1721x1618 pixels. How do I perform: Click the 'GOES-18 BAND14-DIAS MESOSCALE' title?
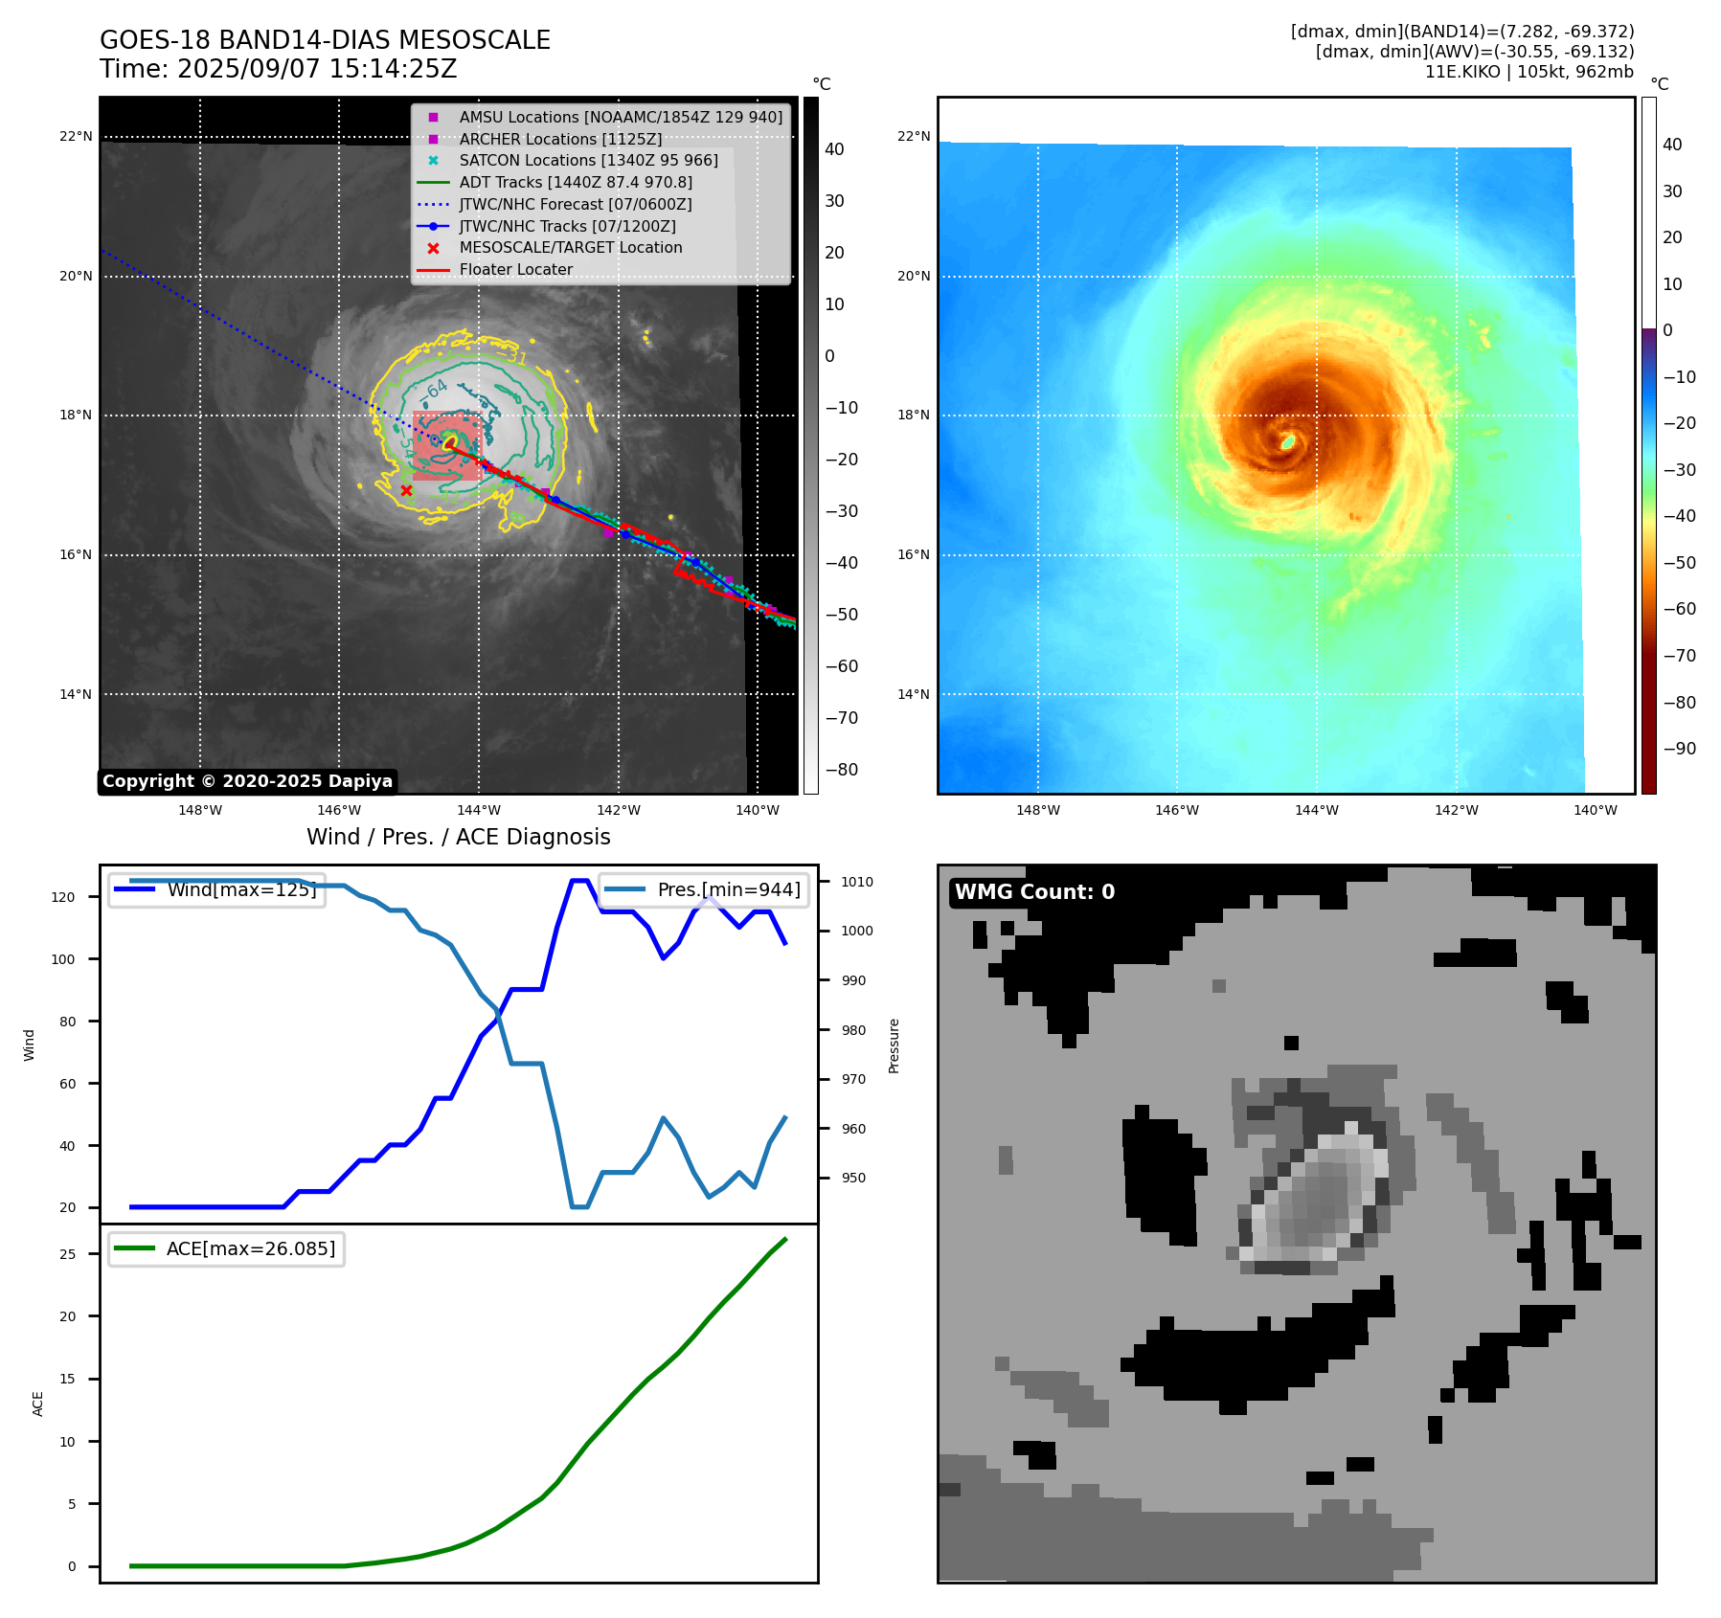(x=325, y=40)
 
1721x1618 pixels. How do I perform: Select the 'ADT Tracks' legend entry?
(x=575, y=182)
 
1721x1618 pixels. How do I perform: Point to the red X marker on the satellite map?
(x=406, y=490)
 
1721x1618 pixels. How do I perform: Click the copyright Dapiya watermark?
(x=247, y=781)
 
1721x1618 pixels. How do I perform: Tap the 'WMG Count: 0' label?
(x=1034, y=891)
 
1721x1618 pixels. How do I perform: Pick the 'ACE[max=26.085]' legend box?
(x=226, y=1248)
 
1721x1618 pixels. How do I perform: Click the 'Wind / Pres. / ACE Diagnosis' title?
(x=458, y=837)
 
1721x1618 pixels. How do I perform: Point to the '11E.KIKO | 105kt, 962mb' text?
(x=1529, y=72)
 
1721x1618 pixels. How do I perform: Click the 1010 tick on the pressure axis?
(x=857, y=882)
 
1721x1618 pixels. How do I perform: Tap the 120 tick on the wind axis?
(x=63, y=897)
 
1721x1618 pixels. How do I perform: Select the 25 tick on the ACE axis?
(x=67, y=1254)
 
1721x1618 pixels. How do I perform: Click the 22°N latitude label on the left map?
(x=76, y=137)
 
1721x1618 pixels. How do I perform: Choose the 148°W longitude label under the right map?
(x=1037, y=810)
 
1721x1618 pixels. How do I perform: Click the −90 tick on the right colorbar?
(x=1679, y=749)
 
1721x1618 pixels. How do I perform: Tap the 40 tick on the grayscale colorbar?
(x=834, y=149)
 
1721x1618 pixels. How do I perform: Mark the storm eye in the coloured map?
(x=1289, y=441)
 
